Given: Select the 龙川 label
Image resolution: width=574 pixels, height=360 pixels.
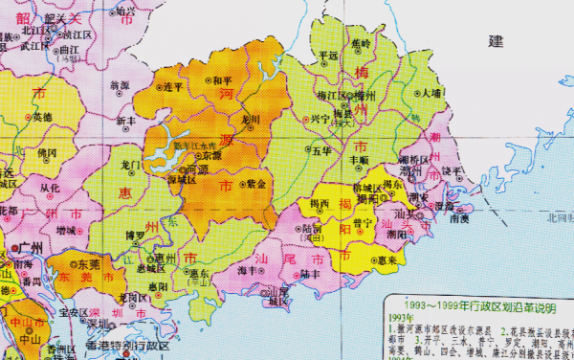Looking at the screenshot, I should tap(251, 120).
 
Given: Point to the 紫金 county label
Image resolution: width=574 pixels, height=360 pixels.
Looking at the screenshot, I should tap(255, 183).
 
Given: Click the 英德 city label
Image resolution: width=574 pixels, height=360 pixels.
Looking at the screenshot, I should tap(42, 117).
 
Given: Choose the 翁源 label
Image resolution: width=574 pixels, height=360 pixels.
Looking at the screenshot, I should tap(120, 85).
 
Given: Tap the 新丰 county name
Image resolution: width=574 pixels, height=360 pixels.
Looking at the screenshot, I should tap(126, 121).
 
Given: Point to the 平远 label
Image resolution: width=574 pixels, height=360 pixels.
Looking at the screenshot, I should tap(327, 56).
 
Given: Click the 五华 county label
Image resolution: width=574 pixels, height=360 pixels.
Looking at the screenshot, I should tap(321, 150).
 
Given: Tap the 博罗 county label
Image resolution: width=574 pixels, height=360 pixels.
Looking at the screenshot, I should tap(136, 234).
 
